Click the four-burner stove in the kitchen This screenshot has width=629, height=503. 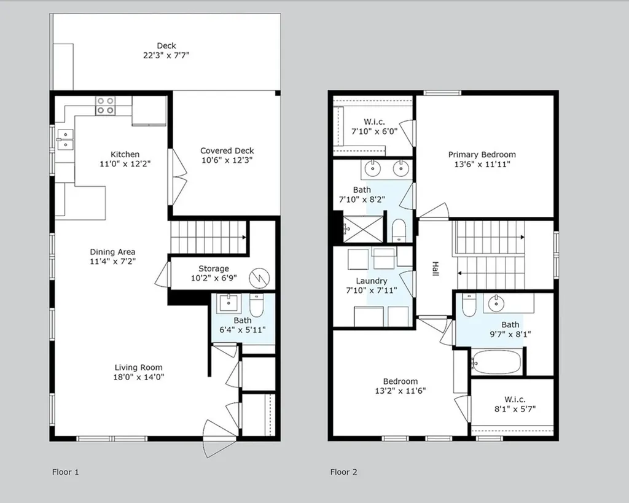coord(106,106)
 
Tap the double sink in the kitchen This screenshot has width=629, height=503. coord(64,139)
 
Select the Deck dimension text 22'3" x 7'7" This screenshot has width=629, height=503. coord(166,55)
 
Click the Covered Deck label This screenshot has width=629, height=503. coord(227,150)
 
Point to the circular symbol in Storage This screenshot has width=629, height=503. coord(259,278)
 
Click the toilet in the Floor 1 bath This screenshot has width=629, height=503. coord(256,305)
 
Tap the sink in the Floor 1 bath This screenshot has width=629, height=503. coord(229,303)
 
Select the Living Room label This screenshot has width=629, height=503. coord(138,367)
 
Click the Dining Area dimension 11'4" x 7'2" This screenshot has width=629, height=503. coord(113,262)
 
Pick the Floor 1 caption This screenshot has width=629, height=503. coord(65,472)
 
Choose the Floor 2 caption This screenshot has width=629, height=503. coord(344,472)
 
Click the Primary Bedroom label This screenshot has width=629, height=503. coord(482,154)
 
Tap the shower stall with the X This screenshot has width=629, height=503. coord(363,229)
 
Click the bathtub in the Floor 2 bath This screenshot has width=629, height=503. coord(497,362)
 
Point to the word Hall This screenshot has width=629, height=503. coord(436,268)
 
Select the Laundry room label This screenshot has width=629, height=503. coord(372,281)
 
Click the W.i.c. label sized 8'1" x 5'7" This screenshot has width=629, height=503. coord(515,399)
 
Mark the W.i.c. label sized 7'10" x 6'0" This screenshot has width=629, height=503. coord(374,121)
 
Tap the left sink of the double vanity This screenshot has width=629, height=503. coord(373,168)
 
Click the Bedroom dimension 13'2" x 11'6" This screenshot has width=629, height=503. coord(400,391)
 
